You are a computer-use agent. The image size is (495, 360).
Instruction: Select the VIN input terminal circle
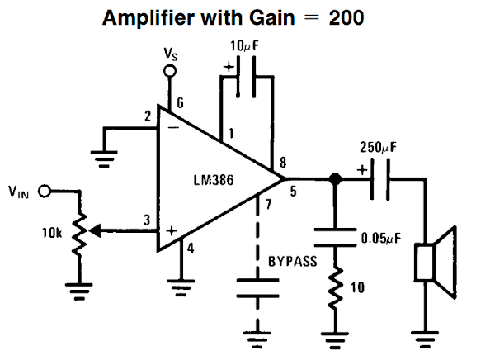click(45, 191)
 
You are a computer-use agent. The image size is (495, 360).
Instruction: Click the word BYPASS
click(292, 261)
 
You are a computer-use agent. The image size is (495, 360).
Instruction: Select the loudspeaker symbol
click(435, 263)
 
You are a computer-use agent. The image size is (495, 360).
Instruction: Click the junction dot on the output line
click(335, 178)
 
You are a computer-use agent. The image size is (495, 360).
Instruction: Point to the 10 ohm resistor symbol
click(335, 289)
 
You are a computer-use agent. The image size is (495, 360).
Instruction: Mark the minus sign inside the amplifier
click(173, 128)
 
